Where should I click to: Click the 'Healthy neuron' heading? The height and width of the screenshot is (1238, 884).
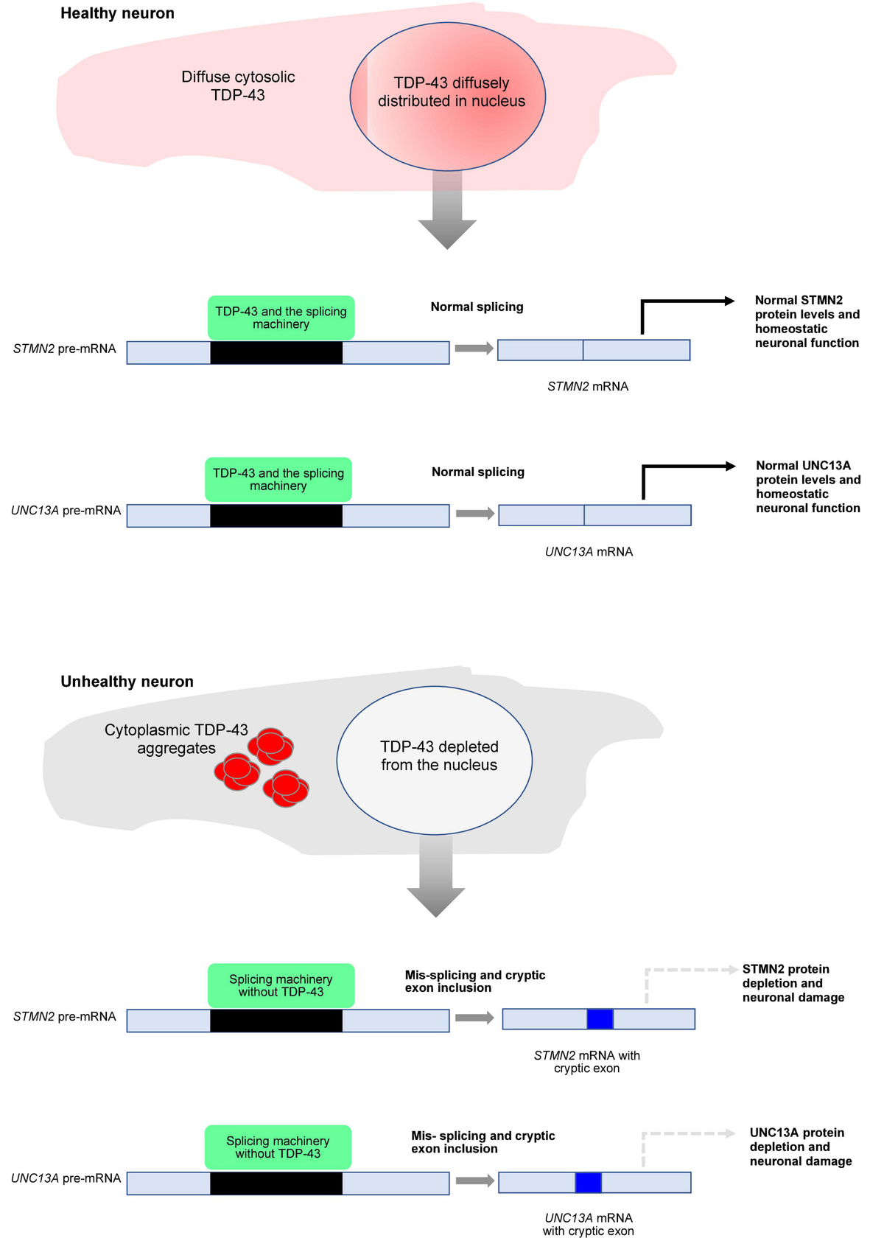pyautogui.click(x=117, y=13)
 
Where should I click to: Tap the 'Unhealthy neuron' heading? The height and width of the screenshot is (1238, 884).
pyautogui.click(x=127, y=682)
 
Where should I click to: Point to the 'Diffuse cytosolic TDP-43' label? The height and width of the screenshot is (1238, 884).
pyautogui.click(x=238, y=85)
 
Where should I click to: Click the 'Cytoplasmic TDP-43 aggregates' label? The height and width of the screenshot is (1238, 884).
pyautogui.click(x=176, y=739)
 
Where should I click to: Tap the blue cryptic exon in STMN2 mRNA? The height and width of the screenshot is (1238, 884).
pyautogui.click(x=600, y=1019)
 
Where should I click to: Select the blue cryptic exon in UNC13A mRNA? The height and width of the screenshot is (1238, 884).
pyautogui.click(x=588, y=1182)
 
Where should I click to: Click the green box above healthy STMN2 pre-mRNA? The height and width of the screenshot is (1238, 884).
pyautogui.click(x=281, y=318)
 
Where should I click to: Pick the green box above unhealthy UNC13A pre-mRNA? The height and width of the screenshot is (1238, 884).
pyautogui.click(x=278, y=1147)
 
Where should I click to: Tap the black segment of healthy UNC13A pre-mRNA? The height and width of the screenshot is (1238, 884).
pyautogui.click(x=276, y=516)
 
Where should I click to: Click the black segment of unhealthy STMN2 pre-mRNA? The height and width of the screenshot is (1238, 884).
pyautogui.click(x=276, y=1021)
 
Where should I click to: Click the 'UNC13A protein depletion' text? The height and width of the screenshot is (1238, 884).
pyautogui.click(x=800, y=1147)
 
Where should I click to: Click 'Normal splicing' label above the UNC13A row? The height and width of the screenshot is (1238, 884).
pyautogui.click(x=478, y=472)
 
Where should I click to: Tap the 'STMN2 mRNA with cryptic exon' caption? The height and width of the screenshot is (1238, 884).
pyautogui.click(x=587, y=1062)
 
